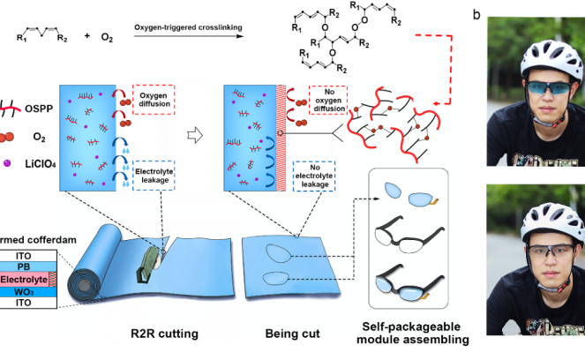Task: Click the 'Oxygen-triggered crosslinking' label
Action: coord(189,26)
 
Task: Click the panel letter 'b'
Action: coord(501,15)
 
